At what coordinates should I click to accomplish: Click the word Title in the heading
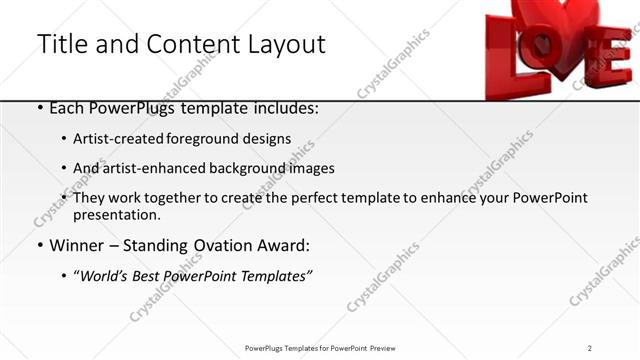[x=63, y=45]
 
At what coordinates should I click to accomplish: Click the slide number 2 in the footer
[x=590, y=348]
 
